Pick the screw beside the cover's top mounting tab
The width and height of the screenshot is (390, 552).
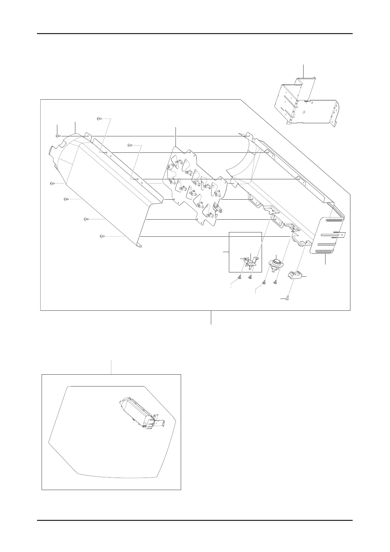pos(58,136)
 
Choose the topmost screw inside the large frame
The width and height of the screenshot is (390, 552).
pos(100,119)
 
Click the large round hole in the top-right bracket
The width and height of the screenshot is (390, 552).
pos(304,112)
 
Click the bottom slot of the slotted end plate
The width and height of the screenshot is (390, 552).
pos(324,252)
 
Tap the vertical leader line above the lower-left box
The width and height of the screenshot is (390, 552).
pos(112,367)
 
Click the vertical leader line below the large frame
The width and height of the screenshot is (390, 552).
pos(211,317)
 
